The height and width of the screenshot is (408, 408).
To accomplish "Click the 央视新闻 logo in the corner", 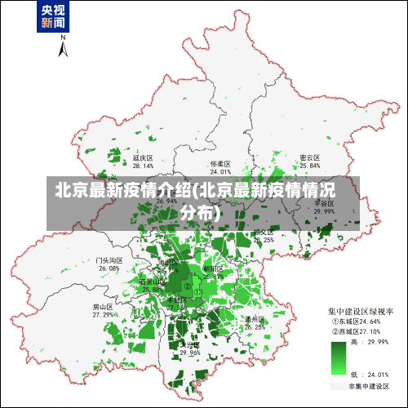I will click(52, 17).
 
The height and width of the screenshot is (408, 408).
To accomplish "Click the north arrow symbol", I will click(62, 49).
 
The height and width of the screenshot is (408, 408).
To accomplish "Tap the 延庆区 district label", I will click(143, 157).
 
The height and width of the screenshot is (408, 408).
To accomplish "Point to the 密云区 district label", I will click(309, 157).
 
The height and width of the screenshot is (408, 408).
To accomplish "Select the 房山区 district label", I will click(103, 307).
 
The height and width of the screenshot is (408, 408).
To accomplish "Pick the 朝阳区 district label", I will click(213, 268).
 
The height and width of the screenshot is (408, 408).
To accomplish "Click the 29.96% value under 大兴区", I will click(189, 353).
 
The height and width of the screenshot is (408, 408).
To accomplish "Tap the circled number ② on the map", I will click(188, 286).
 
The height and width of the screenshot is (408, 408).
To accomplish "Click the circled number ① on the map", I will click(197, 291).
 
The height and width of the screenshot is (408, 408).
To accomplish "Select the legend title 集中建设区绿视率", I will click(361, 312).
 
